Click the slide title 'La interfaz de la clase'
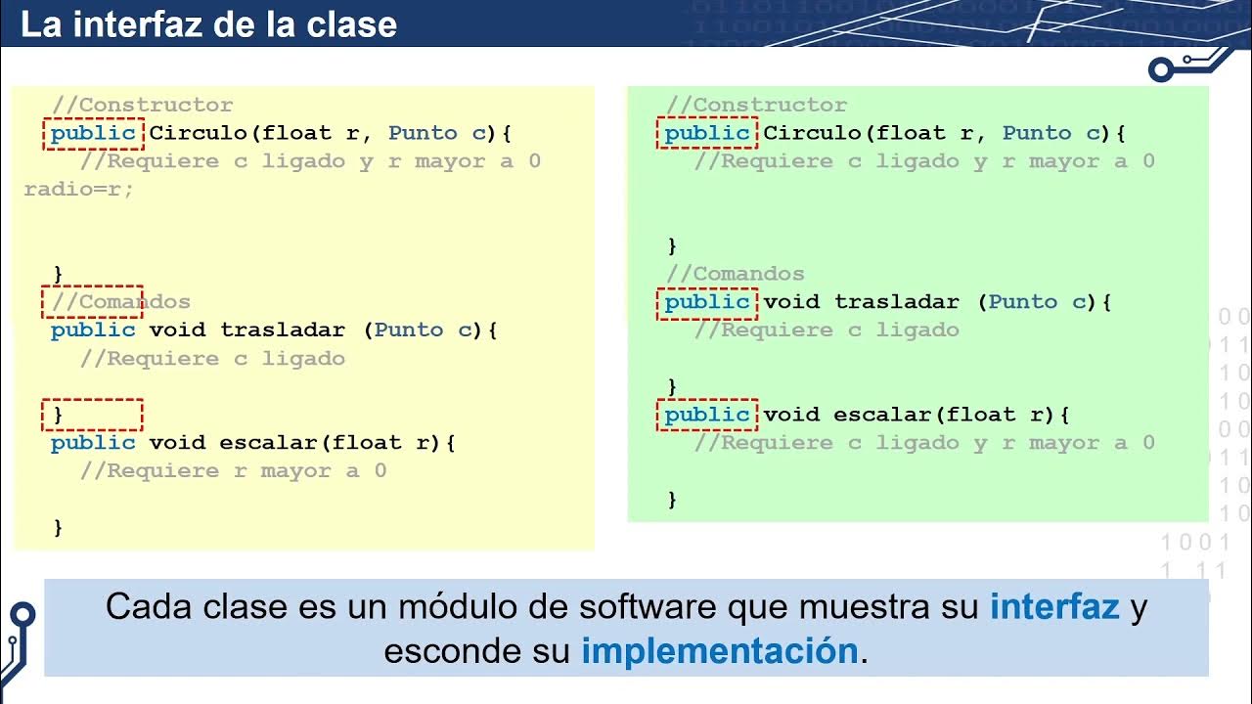tap(208, 24)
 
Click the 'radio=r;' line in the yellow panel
tap(78, 190)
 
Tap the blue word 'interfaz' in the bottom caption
tap(1054, 607)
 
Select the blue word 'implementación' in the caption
tap(720, 650)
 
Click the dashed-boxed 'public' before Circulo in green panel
tap(707, 133)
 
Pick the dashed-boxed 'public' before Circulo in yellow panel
tap(93, 133)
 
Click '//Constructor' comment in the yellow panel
tap(142, 105)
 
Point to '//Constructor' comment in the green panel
tap(756, 105)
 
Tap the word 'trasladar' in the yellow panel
tap(283, 330)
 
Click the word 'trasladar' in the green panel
tap(897, 302)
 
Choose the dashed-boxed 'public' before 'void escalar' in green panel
tap(707, 416)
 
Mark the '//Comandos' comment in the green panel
tap(735, 274)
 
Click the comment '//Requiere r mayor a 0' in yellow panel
tap(233, 471)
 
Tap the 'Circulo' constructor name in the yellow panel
tap(199, 133)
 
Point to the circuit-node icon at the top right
tap(1162, 69)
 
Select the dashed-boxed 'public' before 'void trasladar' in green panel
tap(707, 302)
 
